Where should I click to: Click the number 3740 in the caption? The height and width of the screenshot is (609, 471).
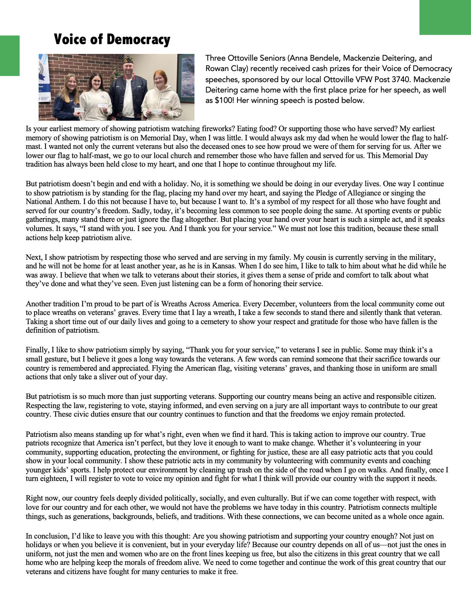[x=402, y=79]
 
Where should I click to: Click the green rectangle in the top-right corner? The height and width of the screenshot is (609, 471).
[x=445, y=17]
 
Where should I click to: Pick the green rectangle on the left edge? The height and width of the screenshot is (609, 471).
[x=10, y=55]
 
